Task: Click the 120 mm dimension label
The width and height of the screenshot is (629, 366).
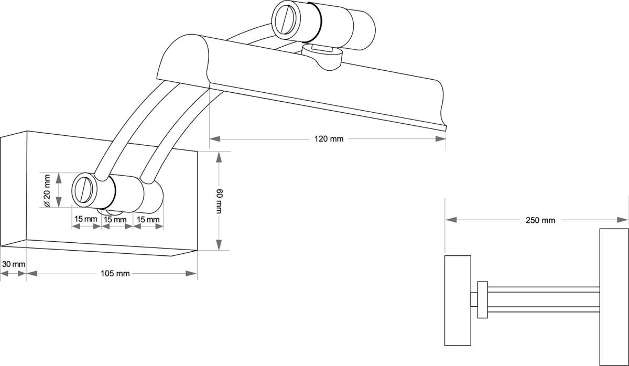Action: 329,139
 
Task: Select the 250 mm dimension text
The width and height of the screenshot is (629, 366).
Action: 540,220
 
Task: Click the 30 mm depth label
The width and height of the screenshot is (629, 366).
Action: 13,264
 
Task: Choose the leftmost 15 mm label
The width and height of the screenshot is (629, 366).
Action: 85,219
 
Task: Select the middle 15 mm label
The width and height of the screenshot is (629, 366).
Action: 116,219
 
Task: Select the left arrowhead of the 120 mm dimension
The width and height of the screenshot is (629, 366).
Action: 214,139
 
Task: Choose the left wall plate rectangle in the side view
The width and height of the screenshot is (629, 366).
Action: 458,300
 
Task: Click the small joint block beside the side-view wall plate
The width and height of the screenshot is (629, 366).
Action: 482,299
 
